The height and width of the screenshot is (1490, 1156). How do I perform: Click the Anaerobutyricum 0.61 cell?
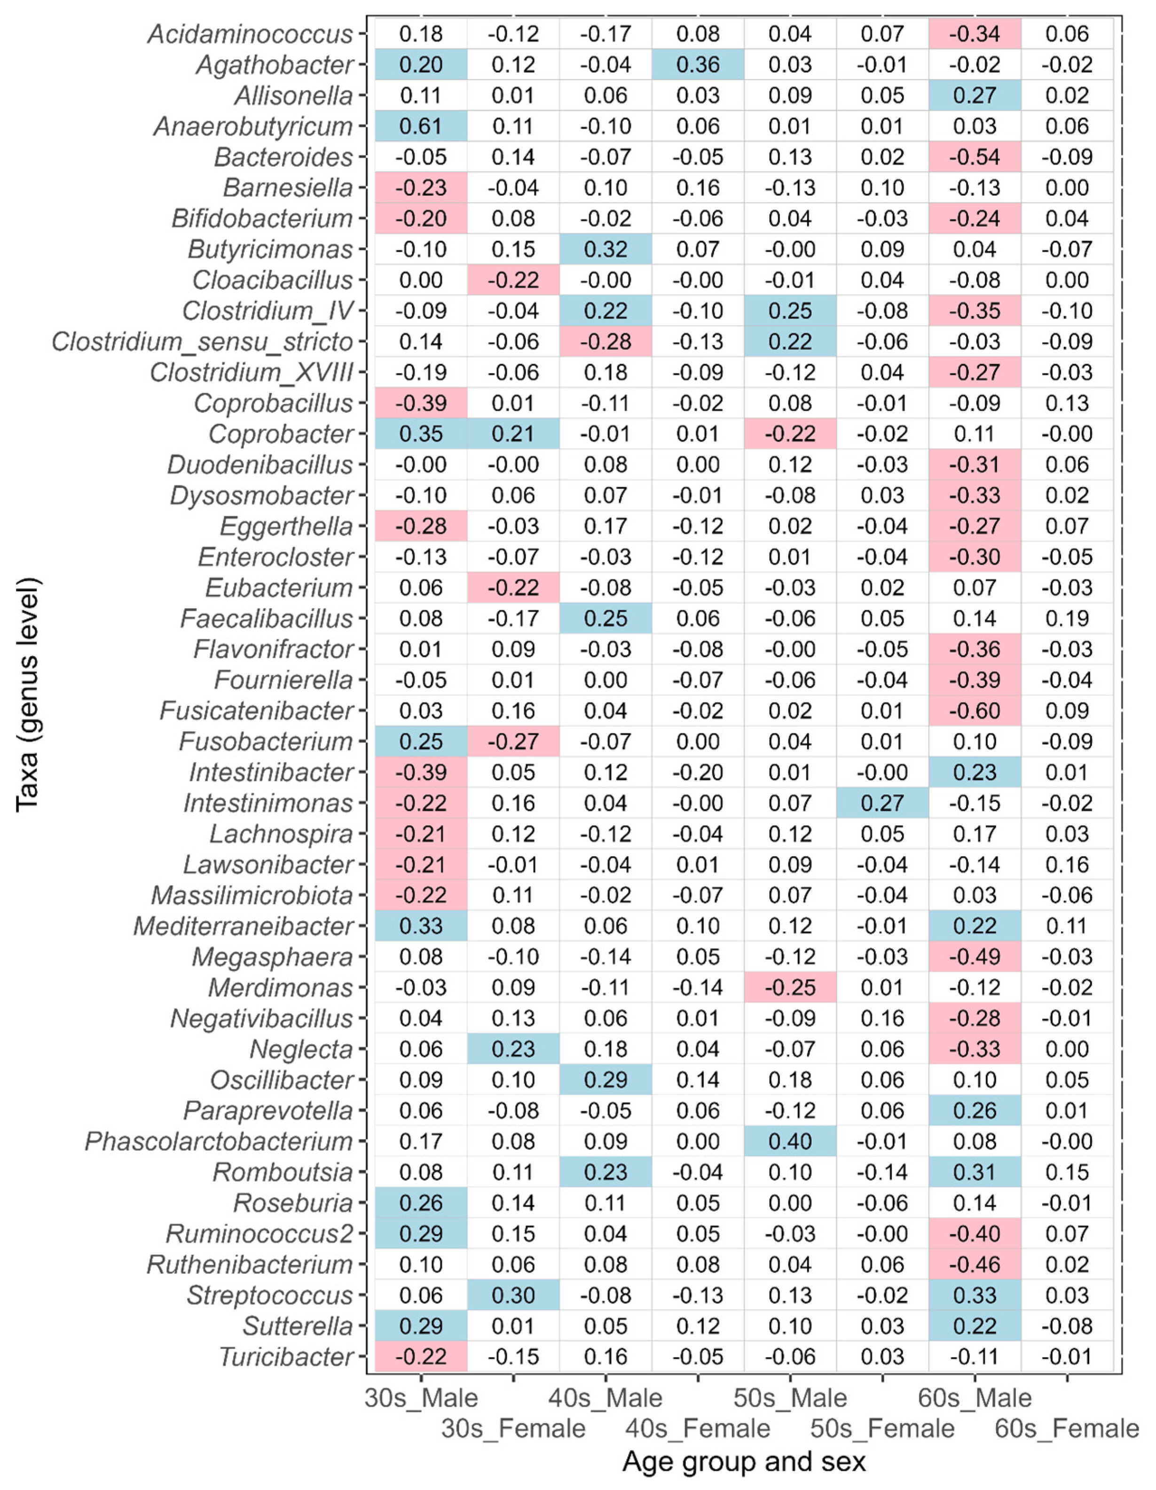coord(421,126)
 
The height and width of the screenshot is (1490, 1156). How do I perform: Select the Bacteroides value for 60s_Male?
coord(975,157)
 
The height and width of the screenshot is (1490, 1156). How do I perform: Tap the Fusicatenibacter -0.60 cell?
coord(975,711)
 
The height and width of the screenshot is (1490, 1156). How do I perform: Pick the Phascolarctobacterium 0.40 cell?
coord(790,1141)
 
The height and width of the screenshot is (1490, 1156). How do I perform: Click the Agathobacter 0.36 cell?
coord(698,65)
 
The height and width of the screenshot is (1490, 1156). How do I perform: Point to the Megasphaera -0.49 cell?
coord(975,957)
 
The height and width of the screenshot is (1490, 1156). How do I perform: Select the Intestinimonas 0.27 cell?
coord(882,803)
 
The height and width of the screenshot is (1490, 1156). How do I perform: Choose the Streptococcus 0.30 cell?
coord(513,1295)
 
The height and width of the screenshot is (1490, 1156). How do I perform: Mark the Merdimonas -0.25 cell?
coord(790,987)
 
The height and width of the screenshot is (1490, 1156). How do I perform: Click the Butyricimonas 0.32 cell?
coord(606,249)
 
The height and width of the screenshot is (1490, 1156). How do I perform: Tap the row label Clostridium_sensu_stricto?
coord(203,342)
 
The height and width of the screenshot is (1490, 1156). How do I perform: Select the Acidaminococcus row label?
coord(251,34)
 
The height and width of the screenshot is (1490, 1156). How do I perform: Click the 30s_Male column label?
coord(421,1398)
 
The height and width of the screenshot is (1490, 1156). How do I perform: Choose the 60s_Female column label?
coord(1067,1428)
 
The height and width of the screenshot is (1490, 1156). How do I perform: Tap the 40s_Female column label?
coord(698,1428)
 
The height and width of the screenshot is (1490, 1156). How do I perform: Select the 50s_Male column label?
coord(790,1398)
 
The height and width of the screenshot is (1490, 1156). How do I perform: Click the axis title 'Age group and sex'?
coord(744,1462)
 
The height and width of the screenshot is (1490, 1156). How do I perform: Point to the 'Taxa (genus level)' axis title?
coord(29,694)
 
